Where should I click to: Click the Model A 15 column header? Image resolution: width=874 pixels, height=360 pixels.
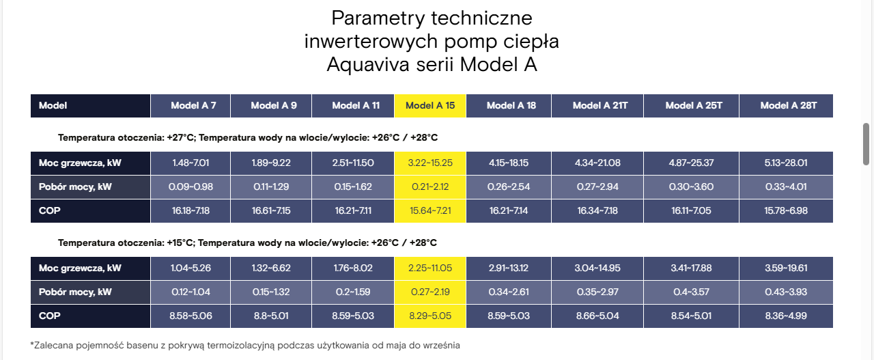click(430, 105)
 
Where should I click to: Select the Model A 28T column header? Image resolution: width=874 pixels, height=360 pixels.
click(786, 105)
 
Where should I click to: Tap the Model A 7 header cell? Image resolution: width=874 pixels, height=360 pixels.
click(191, 105)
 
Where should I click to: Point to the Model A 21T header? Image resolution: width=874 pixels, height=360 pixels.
click(597, 105)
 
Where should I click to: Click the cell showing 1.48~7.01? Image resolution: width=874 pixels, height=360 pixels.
click(191, 163)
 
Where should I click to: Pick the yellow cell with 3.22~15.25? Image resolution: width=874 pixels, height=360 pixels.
click(430, 163)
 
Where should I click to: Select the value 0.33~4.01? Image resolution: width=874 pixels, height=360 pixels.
click(786, 186)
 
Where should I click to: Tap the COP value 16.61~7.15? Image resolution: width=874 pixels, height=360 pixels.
click(271, 211)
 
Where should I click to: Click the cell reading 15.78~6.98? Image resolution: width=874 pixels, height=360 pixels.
click(786, 211)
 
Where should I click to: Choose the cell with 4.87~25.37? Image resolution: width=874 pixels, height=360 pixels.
click(691, 163)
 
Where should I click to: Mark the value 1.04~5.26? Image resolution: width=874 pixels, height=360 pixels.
click(191, 268)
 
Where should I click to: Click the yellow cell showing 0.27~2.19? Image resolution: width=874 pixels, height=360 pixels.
click(430, 292)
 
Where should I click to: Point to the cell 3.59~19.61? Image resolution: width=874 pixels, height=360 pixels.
click(786, 268)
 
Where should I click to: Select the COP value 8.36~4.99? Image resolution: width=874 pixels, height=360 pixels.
click(786, 316)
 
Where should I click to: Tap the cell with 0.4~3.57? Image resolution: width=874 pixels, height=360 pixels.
click(691, 292)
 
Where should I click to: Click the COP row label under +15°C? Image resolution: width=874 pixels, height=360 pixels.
click(50, 316)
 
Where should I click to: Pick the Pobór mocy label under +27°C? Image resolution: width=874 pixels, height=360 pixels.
click(75, 186)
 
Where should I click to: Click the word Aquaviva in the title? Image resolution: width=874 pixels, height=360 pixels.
click(368, 64)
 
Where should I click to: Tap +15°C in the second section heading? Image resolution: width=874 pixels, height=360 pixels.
click(180, 243)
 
